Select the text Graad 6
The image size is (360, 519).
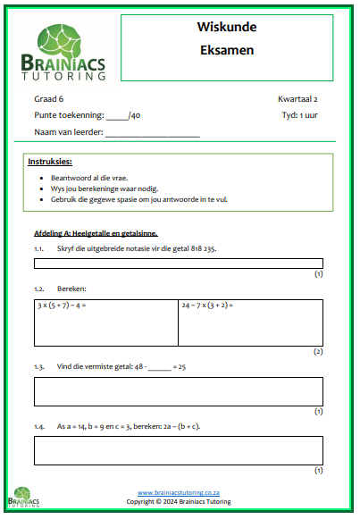(x=51, y=99)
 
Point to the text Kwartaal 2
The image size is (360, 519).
(x=300, y=99)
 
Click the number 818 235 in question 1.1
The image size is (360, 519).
(x=200, y=248)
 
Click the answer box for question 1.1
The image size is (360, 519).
(x=179, y=264)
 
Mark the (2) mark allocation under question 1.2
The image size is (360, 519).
(x=318, y=352)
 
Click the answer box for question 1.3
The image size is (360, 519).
(x=179, y=391)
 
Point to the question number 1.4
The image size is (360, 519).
(x=39, y=427)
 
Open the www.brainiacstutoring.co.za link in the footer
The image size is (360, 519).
(x=179, y=493)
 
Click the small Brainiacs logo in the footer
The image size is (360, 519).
(x=28, y=498)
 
